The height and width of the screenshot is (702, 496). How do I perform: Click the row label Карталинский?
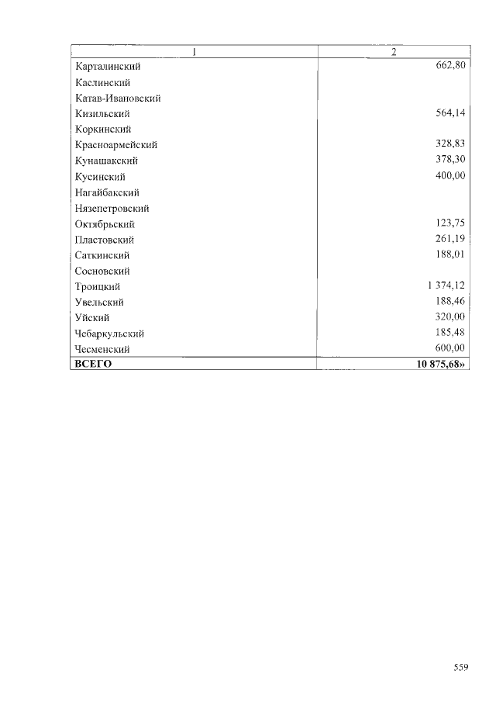tap(108, 67)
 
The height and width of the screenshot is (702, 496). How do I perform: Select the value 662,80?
tap(450, 66)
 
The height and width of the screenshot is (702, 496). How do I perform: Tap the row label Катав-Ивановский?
tap(118, 99)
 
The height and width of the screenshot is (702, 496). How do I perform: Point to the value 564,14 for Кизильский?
tap(450, 113)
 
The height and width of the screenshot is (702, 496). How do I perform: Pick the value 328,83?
tap(450, 144)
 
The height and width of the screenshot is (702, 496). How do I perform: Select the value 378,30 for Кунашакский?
tap(450, 160)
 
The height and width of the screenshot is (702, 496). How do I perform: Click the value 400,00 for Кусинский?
tap(450, 176)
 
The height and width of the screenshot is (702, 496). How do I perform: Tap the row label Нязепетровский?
tap(112, 209)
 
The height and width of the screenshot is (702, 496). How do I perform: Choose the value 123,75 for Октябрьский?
tap(450, 223)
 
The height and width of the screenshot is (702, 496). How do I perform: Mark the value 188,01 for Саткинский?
tap(450, 254)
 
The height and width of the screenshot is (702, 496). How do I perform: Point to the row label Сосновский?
tap(102, 271)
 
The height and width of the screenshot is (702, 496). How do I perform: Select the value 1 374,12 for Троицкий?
tap(445, 286)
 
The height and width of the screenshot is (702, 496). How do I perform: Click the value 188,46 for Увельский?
tap(450, 302)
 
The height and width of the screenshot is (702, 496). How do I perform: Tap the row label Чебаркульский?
tap(109, 334)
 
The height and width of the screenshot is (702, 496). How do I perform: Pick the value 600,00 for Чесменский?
tap(450, 348)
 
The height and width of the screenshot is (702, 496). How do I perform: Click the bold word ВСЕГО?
tap(93, 364)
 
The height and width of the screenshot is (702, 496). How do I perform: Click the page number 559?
tap(461, 666)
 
